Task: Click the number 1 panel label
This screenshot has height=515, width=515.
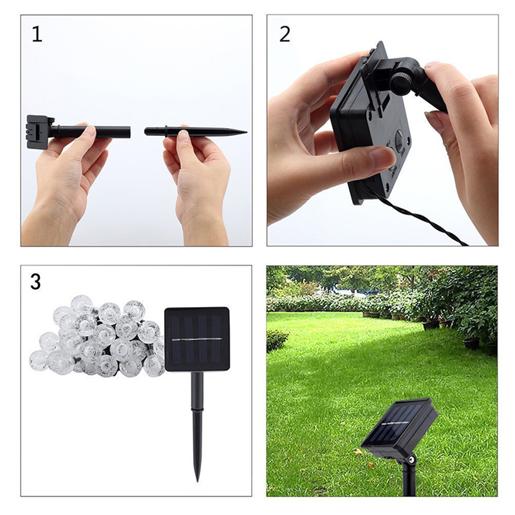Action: tap(37, 33)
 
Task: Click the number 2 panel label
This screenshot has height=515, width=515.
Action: tap(285, 33)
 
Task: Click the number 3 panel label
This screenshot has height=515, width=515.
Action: tap(36, 281)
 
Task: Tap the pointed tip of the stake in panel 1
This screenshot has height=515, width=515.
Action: tap(244, 131)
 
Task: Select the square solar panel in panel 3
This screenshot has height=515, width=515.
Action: tap(197, 339)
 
